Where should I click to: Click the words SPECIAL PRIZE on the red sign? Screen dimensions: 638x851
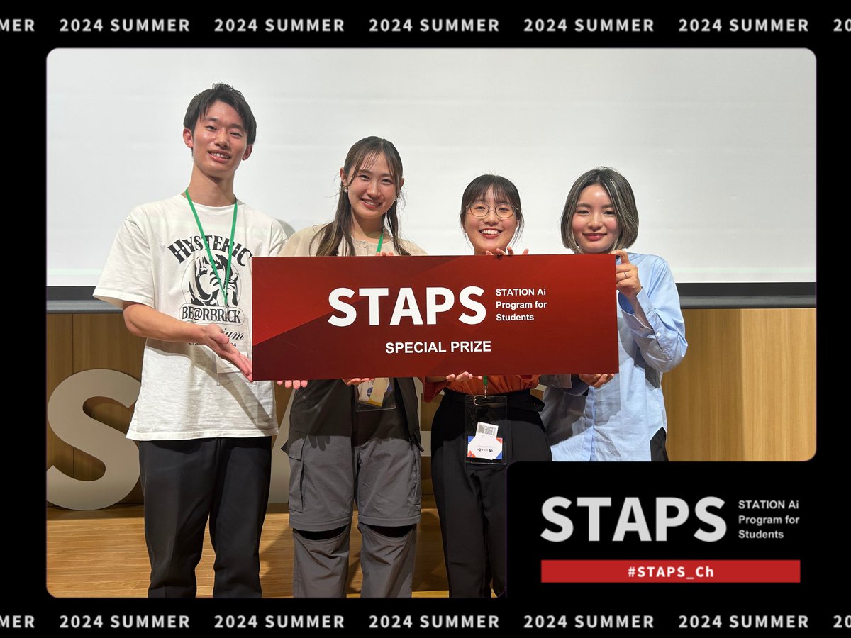tap(438, 347)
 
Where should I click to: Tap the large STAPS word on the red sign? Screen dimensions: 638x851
tap(406, 306)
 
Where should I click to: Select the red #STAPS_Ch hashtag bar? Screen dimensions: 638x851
tap(670, 571)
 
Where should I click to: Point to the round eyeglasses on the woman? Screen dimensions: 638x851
tap(491, 211)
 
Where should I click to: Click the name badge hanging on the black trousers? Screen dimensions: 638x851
tap(484, 442)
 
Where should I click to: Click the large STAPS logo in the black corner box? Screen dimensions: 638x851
tap(633, 519)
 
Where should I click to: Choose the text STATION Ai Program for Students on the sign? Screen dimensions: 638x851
tap(521, 304)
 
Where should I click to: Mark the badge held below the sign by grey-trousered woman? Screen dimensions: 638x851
tap(374, 391)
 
